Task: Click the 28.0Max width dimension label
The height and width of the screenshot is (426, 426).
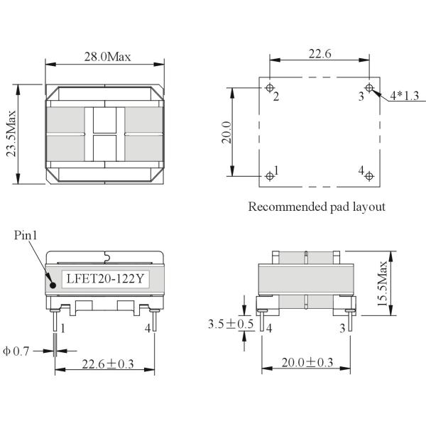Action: [108, 57]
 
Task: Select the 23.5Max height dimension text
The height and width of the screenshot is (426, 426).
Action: [11, 133]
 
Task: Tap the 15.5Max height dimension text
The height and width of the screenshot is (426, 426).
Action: [382, 283]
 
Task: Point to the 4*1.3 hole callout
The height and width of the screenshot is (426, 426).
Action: [405, 96]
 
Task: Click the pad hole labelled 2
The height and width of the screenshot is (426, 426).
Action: [270, 88]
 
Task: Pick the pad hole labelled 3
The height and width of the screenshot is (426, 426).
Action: [369, 88]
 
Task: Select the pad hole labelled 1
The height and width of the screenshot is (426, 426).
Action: [270, 176]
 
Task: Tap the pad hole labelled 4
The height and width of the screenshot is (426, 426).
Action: [369, 176]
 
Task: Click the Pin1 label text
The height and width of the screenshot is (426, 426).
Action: [26, 235]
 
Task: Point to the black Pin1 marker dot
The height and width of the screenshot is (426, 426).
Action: [53, 285]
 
